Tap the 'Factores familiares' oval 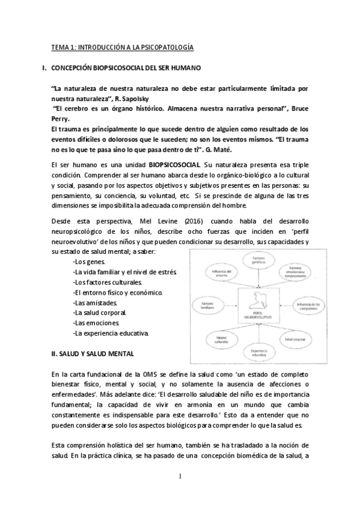208,306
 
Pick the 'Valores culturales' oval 218,339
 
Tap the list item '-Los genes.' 88,262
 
